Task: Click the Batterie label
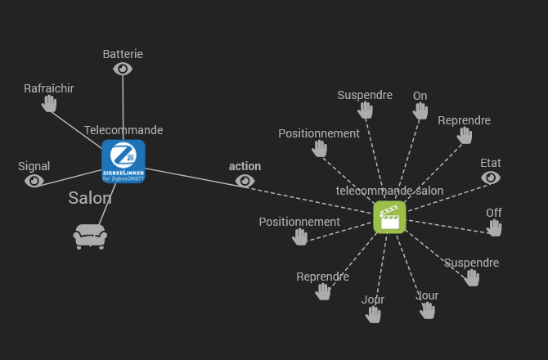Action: pyautogui.click(x=123, y=54)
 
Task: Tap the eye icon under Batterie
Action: pyautogui.click(x=123, y=70)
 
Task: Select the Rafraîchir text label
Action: pyautogui.click(x=49, y=88)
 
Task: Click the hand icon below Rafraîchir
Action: pyautogui.click(x=50, y=104)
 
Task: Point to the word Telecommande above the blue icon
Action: pyautogui.click(x=124, y=130)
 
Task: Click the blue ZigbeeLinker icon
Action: pyautogui.click(x=124, y=161)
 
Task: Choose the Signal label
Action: pyautogui.click(x=34, y=166)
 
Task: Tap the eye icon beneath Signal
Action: pyautogui.click(x=34, y=181)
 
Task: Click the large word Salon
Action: pyautogui.click(x=90, y=198)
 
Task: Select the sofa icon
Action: pyautogui.click(x=90, y=236)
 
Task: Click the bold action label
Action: pyautogui.click(x=245, y=166)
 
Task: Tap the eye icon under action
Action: pyautogui.click(x=245, y=181)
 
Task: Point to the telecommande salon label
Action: pyautogui.click(x=389, y=191)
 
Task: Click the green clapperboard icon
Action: pyautogui.click(x=389, y=218)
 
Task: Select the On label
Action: pyautogui.click(x=420, y=96)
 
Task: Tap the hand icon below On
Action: pyautogui.click(x=420, y=111)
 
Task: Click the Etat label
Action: pyautogui.click(x=491, y=162)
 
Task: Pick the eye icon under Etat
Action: pyautogui.click(x=491, y=177)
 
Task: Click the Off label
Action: pyautogui.click(x=494, y=213)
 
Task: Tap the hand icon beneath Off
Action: pyautogui.click(x=494, y=228)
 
